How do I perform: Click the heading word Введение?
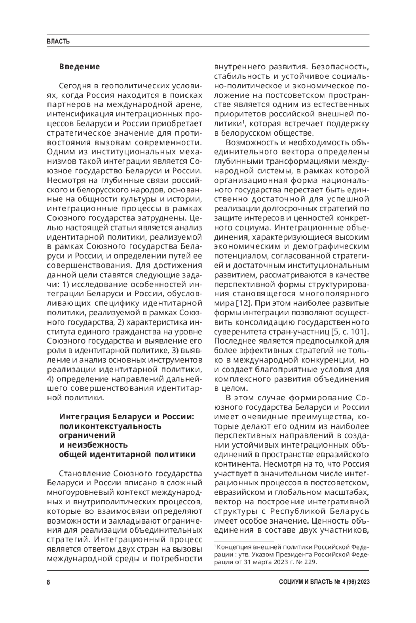coord(79,67)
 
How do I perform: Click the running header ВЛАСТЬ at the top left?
coord(58,42)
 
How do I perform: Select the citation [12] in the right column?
coord(241,303)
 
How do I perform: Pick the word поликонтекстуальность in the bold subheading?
coord(110,426)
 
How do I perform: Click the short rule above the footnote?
coord(244,541)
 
